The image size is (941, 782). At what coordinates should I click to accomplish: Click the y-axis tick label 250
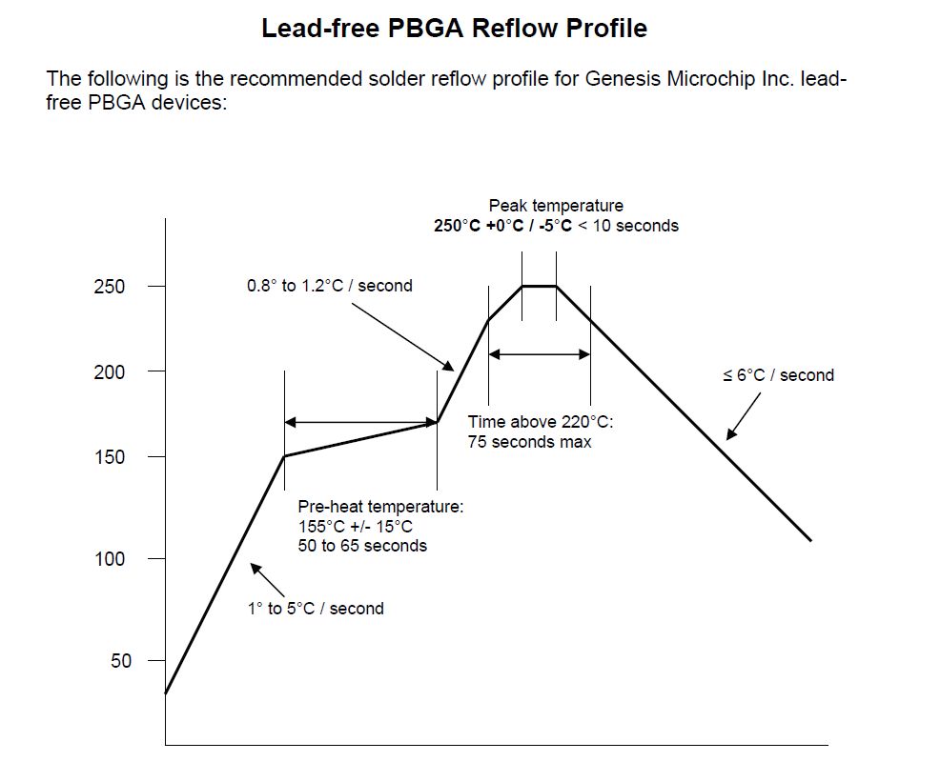click(109, 286)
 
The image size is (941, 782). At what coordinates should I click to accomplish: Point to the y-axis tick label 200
click(109, 371)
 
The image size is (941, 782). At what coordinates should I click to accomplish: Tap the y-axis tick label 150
click(109, 457)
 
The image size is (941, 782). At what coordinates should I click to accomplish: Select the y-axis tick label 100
click(109, 558)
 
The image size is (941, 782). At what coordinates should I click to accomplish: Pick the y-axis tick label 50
click(121, 660)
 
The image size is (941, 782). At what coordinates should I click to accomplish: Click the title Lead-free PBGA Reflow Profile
click(454, 29)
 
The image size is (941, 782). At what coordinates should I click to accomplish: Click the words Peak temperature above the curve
click(556, 206)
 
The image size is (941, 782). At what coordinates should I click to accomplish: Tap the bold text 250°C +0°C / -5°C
click(502, 226)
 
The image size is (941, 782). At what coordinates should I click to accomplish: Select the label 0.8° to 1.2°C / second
click(329, 286)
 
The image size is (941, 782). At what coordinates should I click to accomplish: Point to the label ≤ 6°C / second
click(778, 375)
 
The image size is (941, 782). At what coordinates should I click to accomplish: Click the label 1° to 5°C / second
click(316, 609)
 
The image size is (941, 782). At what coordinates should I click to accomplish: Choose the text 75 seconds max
click(529, 442)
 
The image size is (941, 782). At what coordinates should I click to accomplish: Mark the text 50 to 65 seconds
click(362, 546)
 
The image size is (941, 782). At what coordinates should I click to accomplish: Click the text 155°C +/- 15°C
click(355, 527)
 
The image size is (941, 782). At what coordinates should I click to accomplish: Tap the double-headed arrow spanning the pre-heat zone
click(360, 422)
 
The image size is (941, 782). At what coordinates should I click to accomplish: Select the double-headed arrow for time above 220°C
click(540, 354)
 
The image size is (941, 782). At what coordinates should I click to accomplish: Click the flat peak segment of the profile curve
click(539, 286)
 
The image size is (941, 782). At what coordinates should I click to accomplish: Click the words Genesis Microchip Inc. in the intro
click(689, 78)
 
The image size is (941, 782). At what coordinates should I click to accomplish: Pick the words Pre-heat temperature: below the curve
click(380, 507)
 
